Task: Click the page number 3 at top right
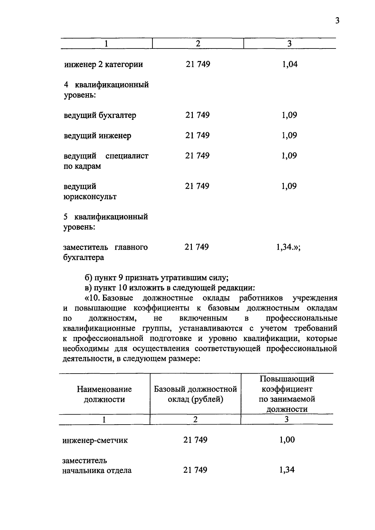pyautogui.click(x=337, y=21)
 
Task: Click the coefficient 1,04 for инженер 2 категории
pyautogui.click(x=290, y=64)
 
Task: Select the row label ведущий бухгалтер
pyautogui.click(x=100, y=115)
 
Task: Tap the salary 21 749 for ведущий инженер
pyautogui.click(x=197, y=135)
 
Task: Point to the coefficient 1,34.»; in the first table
pyautogui.click(x=288, y=247)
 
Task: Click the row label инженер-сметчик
pyautogui.click(x=95, y=441)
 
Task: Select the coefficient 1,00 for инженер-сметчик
pyautogui.click(x=287, y=440)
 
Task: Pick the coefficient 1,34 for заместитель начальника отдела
pyautogui.click(x=287, y=470)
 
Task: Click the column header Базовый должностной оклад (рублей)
pyautogui.click(x=195, y=394)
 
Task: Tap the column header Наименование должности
pyautogui.click(x=104, y=394)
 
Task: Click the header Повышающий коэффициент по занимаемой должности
pyautogui.click(x=287, y=394)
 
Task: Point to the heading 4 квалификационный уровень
pyautogui.click(x=106, y=90)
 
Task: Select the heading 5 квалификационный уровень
pyautogui.click(x=106, y=222)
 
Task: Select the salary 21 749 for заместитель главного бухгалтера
pyautogui.click(x=197, y=247)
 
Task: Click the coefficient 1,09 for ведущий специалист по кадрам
pyautogui.click(x=289, y=156)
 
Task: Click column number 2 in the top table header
pyautogui.click(x=198, y=43)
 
